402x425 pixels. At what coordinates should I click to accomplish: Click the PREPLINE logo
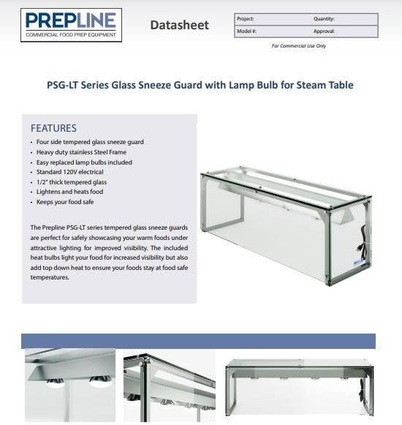click(71, 25)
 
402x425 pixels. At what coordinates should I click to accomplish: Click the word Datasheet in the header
click(180, 25)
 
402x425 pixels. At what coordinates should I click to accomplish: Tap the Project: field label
click(246, 19)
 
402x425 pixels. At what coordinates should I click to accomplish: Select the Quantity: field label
click(324, 19)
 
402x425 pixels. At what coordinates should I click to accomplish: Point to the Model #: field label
click(247, 31)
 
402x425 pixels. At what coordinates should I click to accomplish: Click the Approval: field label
click(325, 31)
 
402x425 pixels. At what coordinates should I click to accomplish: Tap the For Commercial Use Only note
click(299, 46)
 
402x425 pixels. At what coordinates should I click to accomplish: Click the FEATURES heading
click(53, 128)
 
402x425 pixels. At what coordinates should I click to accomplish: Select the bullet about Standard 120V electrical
click(70, 172)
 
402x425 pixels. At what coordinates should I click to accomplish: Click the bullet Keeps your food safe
click(65, 202)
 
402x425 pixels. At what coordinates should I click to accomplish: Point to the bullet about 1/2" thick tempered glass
click(72, 182)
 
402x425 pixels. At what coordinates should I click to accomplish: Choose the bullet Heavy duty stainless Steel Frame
click(81, 152)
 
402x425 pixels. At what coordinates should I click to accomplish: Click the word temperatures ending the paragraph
click(50, 277)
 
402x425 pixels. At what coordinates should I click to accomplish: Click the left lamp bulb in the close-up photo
click(56, 382)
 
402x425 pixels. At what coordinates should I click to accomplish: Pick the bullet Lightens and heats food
click(69, 192)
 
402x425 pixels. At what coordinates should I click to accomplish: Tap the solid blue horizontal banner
click(198, 341)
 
